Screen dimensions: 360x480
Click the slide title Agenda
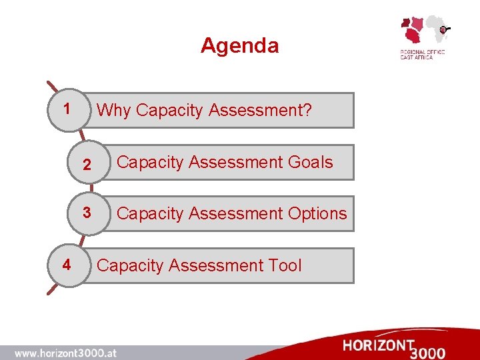tap(239, 45)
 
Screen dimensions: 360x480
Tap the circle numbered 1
tap(66, 109)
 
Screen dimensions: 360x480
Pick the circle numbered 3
tap(87, 213)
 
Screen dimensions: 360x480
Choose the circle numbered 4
tap(66, 265)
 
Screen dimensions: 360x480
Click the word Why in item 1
tap(114, 110)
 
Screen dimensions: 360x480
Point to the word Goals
tap(308, 162)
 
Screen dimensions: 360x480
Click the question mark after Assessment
tap(307, 110)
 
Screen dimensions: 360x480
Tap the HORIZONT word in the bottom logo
tap(379, 345)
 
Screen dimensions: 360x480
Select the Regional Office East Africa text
tap(421, 55)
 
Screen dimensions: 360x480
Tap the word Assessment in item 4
tap(216, 265)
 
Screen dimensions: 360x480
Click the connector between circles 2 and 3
tap(91, 189)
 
